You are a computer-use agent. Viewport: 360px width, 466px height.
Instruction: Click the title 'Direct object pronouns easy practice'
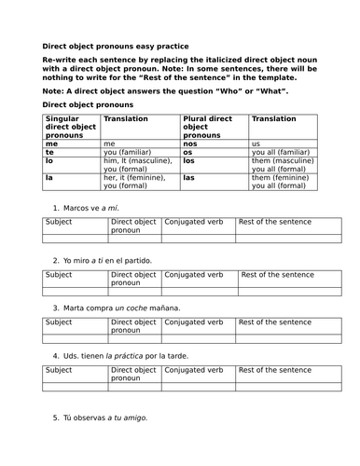pos(115,46)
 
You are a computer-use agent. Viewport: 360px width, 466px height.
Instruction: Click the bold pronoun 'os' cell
pos(188,153)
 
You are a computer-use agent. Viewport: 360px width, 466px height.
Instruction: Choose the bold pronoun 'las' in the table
pos(189,176)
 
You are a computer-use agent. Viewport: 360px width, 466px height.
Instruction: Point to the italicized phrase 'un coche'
pos(131,308)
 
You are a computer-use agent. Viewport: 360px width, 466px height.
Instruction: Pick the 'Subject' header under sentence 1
pos(59,222)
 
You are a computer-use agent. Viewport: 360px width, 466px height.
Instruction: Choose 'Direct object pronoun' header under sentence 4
pos(132,375)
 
